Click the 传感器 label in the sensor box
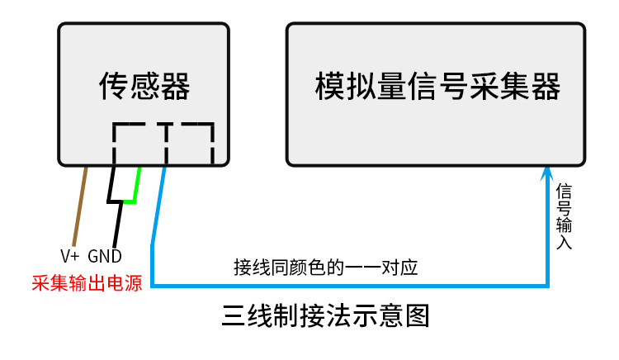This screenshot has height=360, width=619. coord(144,86)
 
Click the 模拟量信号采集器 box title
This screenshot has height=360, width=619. coord(437,86)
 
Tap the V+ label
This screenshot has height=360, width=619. coord(70,256)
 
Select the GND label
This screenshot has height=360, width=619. coord(105,256)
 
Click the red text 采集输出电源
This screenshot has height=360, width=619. coord(87,283)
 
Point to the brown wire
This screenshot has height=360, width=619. coord(79,206)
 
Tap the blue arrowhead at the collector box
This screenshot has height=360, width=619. coord(546,173)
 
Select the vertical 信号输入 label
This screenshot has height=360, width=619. coord(564,216)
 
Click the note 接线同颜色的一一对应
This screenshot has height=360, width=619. coord(326,268)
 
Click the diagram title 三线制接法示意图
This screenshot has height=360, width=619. coord(326,315)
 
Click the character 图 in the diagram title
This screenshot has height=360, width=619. coord(418,315)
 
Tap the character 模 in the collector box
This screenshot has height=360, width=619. coord(330,86)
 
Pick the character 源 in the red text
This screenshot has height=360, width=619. coord(133,283)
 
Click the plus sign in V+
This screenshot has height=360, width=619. coord(75,257)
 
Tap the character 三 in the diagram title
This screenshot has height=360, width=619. coord(234,315)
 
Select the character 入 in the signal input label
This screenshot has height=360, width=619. coord(565,242)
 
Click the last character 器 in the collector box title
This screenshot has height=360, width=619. coord(546,86)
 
